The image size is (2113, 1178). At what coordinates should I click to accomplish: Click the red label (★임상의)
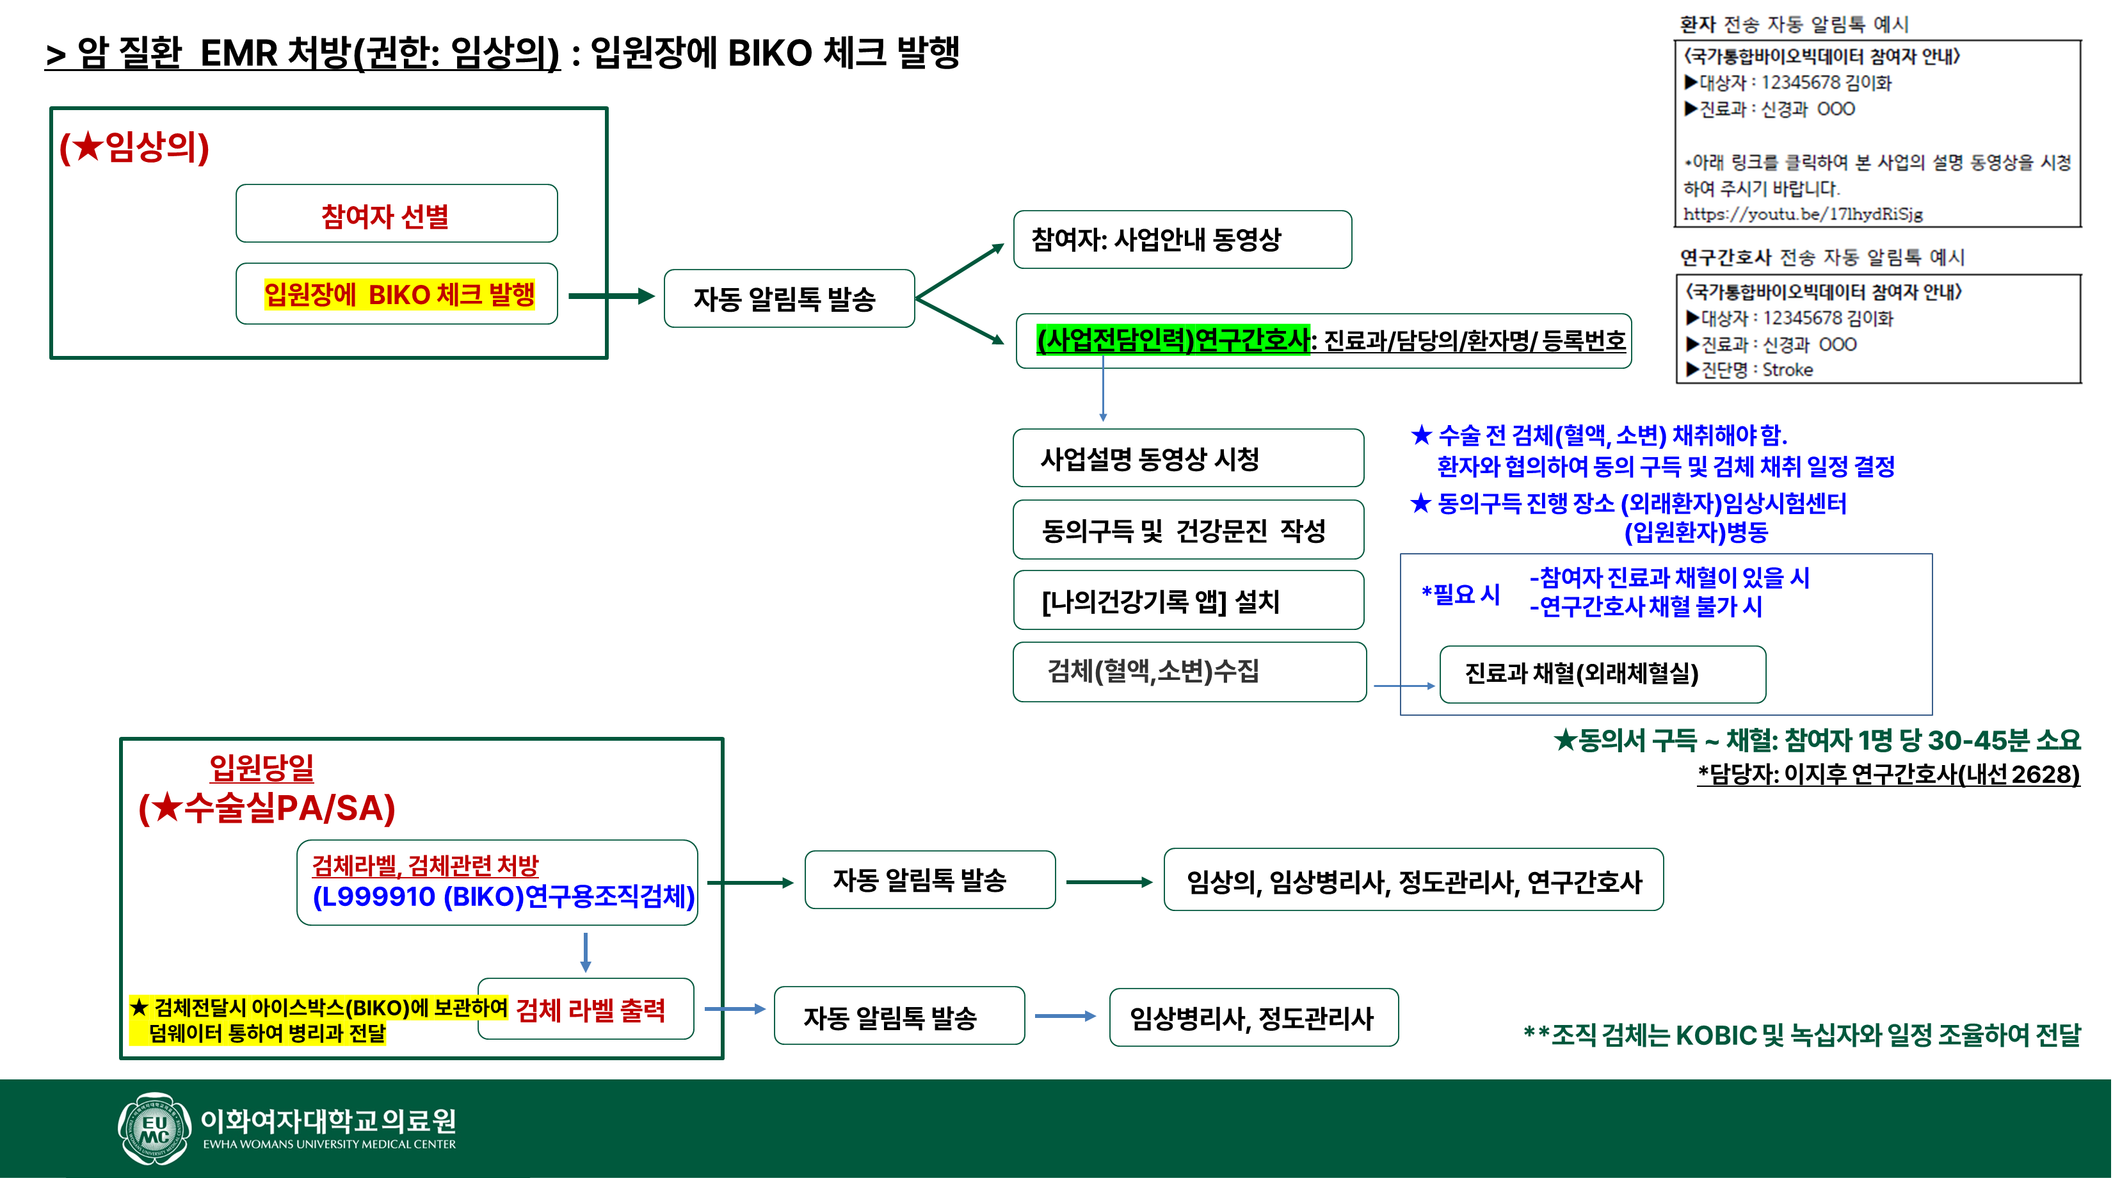click(134, 148)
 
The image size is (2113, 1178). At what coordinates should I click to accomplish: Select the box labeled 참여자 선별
click(396, 214)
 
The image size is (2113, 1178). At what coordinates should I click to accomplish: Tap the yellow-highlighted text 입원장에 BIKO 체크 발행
click(399, 294)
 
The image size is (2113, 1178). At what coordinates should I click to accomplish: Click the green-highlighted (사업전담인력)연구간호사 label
click(1173, 339)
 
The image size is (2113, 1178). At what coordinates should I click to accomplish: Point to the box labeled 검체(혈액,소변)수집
click(1189, 672)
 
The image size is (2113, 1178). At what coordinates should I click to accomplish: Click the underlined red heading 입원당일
click(262, 768)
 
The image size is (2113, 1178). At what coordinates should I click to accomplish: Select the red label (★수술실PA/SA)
click(266, 809)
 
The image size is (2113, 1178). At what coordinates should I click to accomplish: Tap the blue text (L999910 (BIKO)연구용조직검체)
click(503, 897)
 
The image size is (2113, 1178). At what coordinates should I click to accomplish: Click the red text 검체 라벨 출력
click(591, 1010)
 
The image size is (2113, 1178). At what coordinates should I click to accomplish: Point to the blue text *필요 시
click(1460, 594)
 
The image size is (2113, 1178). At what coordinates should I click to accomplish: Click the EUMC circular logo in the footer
click(154, 1129)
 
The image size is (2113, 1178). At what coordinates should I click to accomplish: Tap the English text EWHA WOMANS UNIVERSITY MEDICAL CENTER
click(329, 1144)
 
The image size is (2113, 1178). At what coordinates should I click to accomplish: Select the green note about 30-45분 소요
click(1817, 741)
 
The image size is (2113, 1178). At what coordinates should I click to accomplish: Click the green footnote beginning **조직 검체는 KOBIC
click(1801, 1035)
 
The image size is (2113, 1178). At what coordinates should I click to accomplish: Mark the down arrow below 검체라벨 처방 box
click(585, 951)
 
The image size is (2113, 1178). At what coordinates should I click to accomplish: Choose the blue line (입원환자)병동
click(1696, 533)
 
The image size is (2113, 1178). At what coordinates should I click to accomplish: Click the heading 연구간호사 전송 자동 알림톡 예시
click(1822, 257)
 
